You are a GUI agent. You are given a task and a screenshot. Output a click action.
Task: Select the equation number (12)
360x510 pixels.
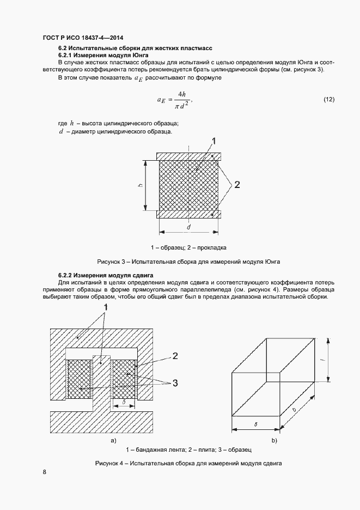329,99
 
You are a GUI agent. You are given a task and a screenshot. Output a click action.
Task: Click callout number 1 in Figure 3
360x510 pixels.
213,141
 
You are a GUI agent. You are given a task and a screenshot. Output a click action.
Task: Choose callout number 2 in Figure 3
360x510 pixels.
237,185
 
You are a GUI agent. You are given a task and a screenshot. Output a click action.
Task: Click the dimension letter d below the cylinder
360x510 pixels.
188,226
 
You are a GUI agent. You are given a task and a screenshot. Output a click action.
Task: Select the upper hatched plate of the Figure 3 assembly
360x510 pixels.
188,156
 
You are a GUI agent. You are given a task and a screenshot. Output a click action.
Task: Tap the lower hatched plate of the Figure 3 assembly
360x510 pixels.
188,214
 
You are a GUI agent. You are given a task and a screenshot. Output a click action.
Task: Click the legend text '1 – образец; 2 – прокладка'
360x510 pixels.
188,247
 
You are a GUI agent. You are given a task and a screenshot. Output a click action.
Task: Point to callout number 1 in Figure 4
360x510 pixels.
106,308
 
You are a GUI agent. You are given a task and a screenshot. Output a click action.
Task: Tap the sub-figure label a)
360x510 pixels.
113,440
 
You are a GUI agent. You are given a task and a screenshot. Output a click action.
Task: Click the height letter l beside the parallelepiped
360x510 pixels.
323,360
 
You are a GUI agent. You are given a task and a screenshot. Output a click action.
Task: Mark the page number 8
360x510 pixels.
44,472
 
